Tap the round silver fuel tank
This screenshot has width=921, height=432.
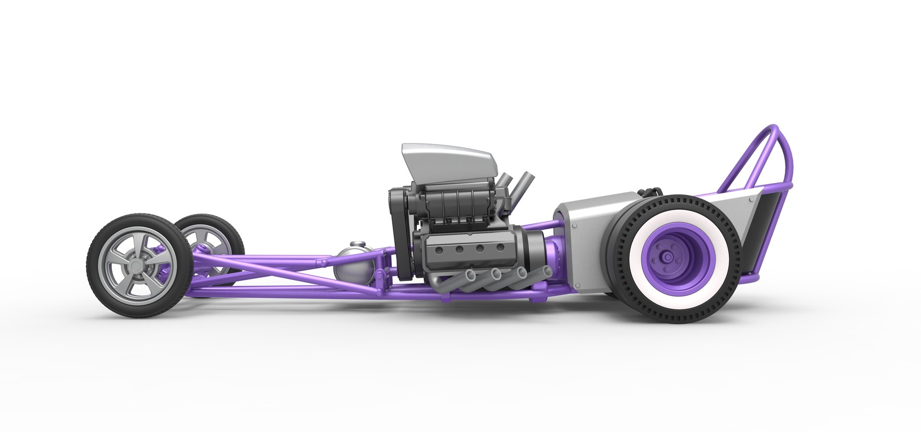coord(355,266)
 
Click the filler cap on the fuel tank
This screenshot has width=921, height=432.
coord(356,245)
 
